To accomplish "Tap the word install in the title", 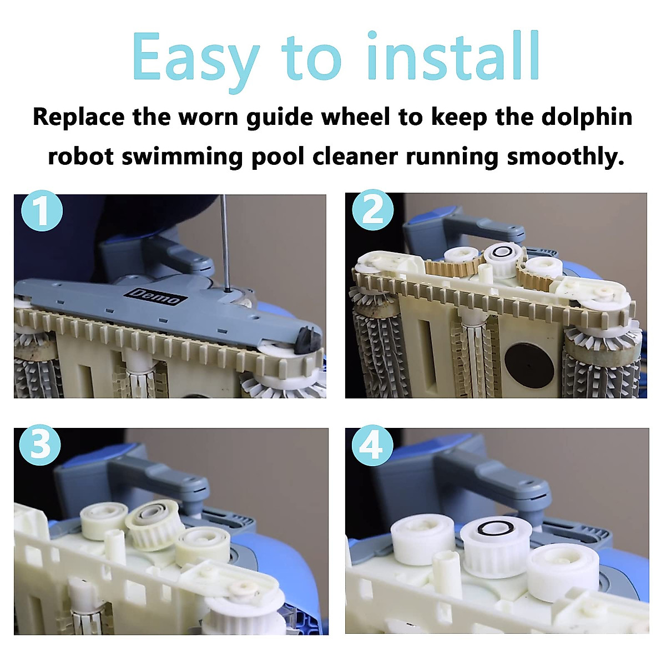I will [x=453, y=57].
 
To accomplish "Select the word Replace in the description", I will [x=78, y=118].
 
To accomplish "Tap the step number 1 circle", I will [x=42, y=211].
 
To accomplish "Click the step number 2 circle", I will [x=373, y=211].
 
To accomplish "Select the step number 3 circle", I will [x=40, y=445].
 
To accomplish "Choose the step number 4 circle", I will [x=372, y=445].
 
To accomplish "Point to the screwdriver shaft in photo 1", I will [x=225, y=239].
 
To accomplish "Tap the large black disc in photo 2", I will [x=529, y=366].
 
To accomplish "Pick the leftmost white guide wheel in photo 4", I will [x=423, y=538].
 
